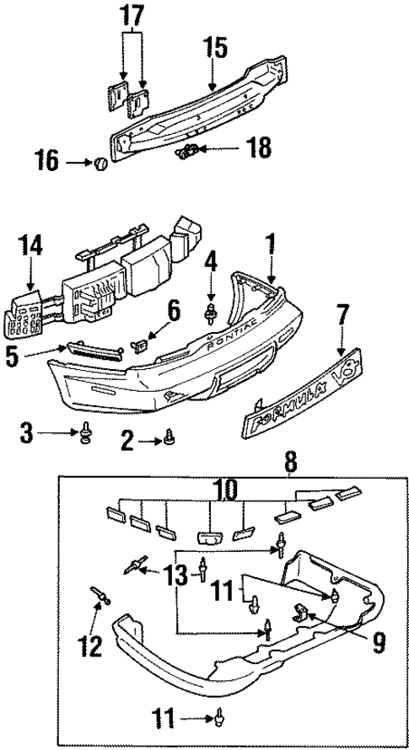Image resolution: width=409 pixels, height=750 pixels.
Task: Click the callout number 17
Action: pyautogui.click(x=131, y=14)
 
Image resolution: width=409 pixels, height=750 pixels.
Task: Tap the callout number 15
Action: pyautogui.click(x=215, y=47)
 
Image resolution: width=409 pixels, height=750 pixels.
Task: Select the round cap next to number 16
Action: pyautogui.click(x=100, y=163)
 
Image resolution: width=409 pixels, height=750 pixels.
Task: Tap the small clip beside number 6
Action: pyautogui.click(x=141, y=344)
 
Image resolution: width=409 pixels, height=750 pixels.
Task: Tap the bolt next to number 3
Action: pyautogui.click(x=85, y=435)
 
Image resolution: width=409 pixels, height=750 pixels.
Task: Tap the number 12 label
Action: pyautogui.click(x=90, y=646)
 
